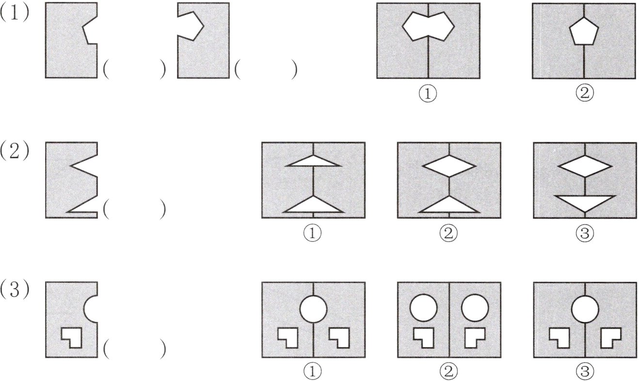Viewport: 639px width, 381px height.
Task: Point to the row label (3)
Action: [x=15, y=290]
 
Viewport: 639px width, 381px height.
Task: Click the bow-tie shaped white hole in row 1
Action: [x=428, y=27]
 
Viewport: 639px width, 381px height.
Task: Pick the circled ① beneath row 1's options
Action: [x=428, y=94]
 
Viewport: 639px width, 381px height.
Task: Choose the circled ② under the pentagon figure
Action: [x=585, y=93]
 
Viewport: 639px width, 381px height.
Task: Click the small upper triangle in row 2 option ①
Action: [x=313, y=161]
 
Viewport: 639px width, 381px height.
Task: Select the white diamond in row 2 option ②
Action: [x=449, y=166]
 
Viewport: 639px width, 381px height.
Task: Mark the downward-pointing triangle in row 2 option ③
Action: [x=585, y=202]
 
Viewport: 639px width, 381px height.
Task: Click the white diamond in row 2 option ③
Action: [x=585, y=166]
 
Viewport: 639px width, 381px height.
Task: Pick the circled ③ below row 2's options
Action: [x=585, y=233]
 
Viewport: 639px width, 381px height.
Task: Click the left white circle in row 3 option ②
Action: [x=423, y=308]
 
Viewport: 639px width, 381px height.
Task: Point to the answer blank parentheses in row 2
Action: [x=134, y=209]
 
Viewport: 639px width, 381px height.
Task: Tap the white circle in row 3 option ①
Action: [x=313, y=309]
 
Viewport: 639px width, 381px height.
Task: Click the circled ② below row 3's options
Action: [x=449, y=371]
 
